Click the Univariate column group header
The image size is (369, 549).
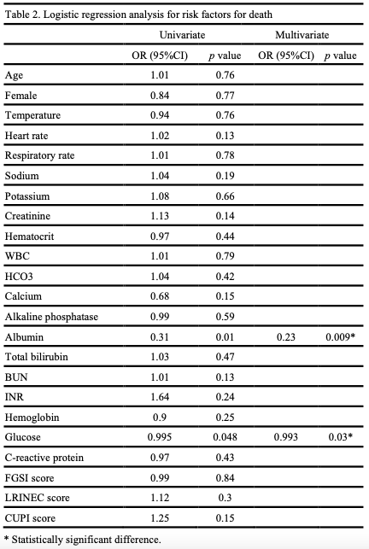pos(182,35)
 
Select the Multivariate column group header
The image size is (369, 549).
pos(302,35)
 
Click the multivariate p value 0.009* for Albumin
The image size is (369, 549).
pos(340,336)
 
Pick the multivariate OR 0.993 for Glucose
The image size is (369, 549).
pos(286,437)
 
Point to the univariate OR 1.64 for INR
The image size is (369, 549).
pos(160,397)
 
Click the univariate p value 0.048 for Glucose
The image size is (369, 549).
pos(225,437)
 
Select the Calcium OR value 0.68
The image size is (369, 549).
pos(160,296)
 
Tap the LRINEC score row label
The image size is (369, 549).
pos(37,498)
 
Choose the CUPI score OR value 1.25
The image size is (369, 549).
pos(160,518)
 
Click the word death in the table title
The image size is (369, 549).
pos(261,15)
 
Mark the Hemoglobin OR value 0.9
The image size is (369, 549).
pos(160,418)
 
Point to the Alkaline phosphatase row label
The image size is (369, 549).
pos(51,317)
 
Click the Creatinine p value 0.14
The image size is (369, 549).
pos(225,216)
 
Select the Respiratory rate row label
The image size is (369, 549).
pos(39,155)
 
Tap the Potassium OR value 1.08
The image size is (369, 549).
pos(160,196)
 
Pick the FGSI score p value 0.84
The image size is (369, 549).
pos(225,478)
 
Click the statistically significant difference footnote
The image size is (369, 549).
pos(83,540)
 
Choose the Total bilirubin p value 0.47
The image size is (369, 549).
pos(225,357)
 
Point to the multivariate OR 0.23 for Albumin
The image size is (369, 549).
pos(286,336)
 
